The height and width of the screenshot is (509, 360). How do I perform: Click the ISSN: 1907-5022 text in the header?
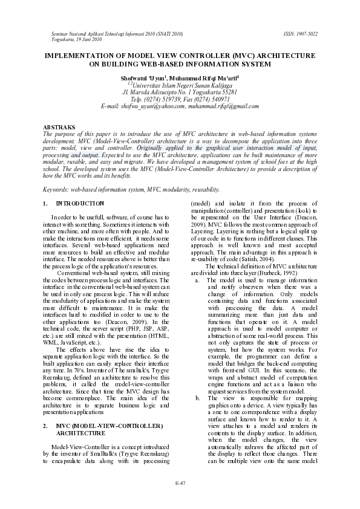pyautogui.click(x=300, y=34)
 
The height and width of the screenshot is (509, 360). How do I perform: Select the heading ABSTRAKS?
pyautogui.click(x=59, y=127)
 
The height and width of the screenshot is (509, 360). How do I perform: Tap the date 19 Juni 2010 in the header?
pyautogui.click(x=82, y=39)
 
